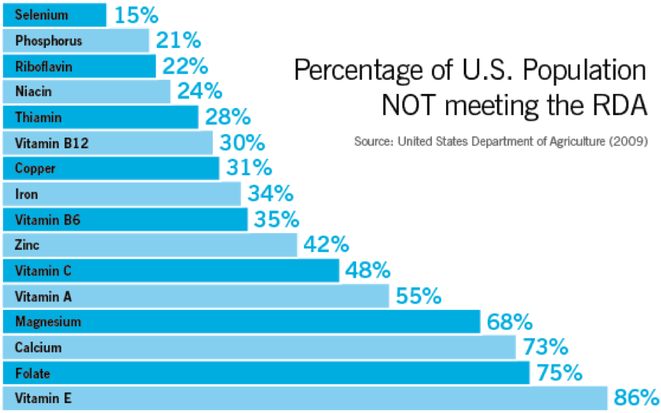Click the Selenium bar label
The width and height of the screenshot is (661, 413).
point(42,15)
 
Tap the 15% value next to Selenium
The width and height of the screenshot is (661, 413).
point(136,15)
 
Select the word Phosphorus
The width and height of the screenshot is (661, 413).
point(49,41)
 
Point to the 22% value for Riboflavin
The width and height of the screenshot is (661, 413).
point(185,66)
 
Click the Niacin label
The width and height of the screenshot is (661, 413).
point(33,92)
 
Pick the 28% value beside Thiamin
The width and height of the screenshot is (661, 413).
point(228,116)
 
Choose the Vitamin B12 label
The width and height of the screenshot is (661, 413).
point(52,143)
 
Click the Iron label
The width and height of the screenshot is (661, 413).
point(27,194)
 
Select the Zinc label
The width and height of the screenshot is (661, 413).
point(27,246)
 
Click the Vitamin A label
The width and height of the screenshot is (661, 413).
point(43,297)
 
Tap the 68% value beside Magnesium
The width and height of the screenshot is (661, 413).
point(510,322)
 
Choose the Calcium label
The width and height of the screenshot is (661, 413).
point(38,347)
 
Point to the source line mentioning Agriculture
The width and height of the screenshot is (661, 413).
point(501,140)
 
